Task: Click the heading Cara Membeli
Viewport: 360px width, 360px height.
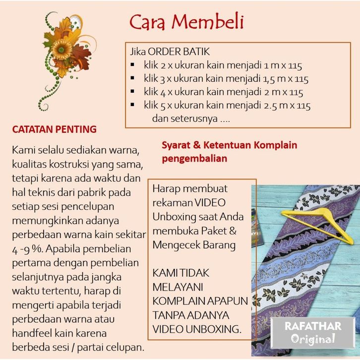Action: pyautogui.click(x=186, y=23)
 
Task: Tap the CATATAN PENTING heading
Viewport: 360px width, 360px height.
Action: pyautogui.click(x=54, y=129)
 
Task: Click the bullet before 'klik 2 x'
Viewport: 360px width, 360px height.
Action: pyautogui.click(x=132, y=65)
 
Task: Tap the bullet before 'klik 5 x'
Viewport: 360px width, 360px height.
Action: pyautogui.click(x=132, y=105)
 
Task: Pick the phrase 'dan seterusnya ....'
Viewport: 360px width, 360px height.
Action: pyautogui.click(x=190, y=119)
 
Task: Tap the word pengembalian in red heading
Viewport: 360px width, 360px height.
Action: pyautogui.click(x=194, y=159)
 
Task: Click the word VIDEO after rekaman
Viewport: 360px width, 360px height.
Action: pyautogui.click(x=209, y=203)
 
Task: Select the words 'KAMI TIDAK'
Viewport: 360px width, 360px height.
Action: pyautogui.click(x=181, y=273)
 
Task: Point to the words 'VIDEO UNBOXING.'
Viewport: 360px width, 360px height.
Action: pyautogui.click(x=197, y=328)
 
